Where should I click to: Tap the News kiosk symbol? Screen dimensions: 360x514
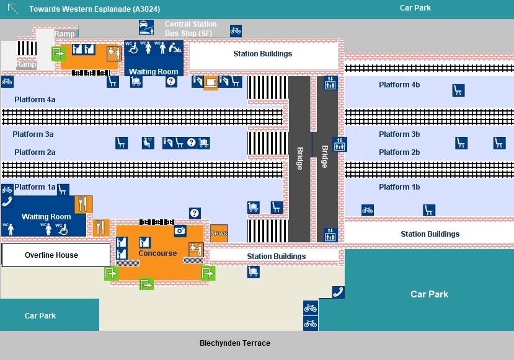click(219, 233)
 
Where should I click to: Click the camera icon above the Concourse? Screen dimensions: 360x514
click(180, 230)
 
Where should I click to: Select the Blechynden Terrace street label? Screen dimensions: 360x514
click(234, 343)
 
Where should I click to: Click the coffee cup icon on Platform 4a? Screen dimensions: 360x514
click(211, 81)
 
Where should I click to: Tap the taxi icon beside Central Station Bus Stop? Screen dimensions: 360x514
click(146, 27)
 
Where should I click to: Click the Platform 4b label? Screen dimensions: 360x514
click(399, 85)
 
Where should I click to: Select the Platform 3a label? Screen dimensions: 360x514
click(33, 134)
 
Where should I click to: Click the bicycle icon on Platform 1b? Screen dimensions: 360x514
click(368, 210)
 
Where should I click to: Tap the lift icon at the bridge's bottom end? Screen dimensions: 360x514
click(330, 235)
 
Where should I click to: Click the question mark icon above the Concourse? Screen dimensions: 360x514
click(195, 213)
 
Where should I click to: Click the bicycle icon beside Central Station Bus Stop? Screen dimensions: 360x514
click(236, 30)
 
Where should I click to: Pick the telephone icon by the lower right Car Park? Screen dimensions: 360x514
click(339, 292)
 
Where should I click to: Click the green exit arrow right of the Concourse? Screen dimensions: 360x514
click(208, 273)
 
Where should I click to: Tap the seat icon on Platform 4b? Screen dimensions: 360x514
click(458, 90)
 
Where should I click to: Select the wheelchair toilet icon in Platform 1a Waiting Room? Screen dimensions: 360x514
click(63, 229)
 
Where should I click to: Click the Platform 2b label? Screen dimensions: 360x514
click(399, 152)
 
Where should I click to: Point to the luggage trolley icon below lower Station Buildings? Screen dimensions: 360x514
click(253, 271)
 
